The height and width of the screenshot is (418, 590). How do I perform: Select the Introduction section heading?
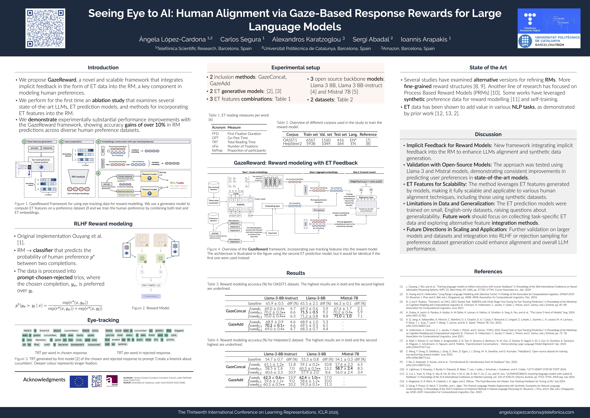tap(103, 68)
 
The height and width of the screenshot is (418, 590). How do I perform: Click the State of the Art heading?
tap(488, 68)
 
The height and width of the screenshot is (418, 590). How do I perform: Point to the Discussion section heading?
tap(488, 134)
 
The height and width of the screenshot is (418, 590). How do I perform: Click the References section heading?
tap(488, 272)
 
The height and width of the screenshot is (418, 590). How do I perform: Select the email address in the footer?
tap(536, 412)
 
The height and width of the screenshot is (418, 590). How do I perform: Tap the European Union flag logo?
tap(79, 381)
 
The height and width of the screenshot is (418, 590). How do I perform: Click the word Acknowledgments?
tap(44, 380)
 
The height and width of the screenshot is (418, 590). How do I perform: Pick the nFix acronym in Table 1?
tap(215, 146)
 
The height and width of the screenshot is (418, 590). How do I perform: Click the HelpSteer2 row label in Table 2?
tap(292, 144)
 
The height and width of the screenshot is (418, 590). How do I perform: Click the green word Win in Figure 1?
tap(172, 183)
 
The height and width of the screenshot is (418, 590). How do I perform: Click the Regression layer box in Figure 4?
tap(366, 197)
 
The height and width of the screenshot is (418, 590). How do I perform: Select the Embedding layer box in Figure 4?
tap(272, 206)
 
